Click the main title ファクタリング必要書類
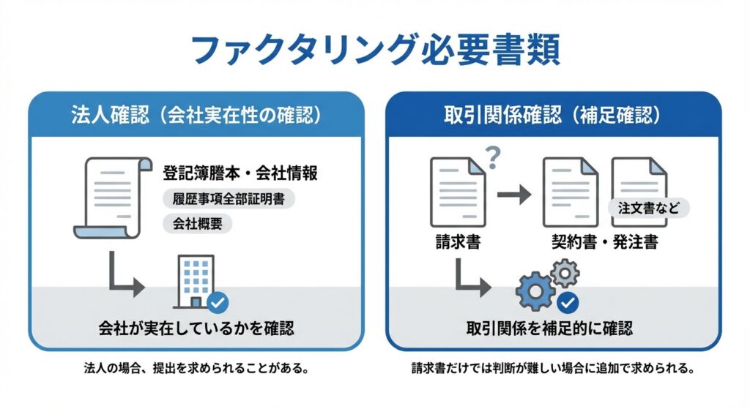pos(374,50)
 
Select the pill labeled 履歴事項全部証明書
pos(228,200)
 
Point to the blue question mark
pos(492,155)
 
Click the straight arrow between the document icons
pos(513,195)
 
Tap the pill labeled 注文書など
pos(648,208)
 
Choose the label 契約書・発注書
pos(604,242)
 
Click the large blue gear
pos(535,291)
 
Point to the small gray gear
pos(565,274)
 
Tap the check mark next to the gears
pos(568,301)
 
